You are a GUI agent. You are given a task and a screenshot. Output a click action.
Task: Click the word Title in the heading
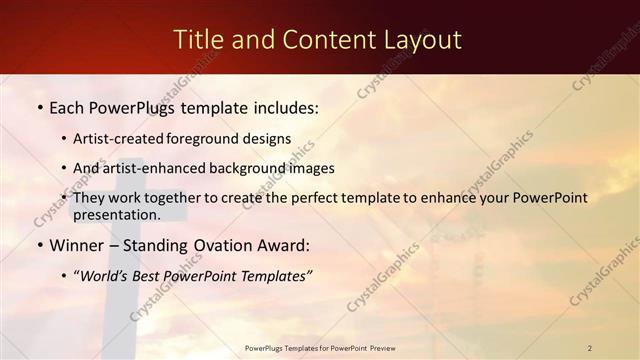197,39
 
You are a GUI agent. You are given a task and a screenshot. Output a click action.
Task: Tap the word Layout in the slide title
424,39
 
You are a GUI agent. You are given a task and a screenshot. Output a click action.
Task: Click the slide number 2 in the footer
590,348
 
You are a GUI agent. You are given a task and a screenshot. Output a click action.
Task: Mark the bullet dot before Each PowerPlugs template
39,107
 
